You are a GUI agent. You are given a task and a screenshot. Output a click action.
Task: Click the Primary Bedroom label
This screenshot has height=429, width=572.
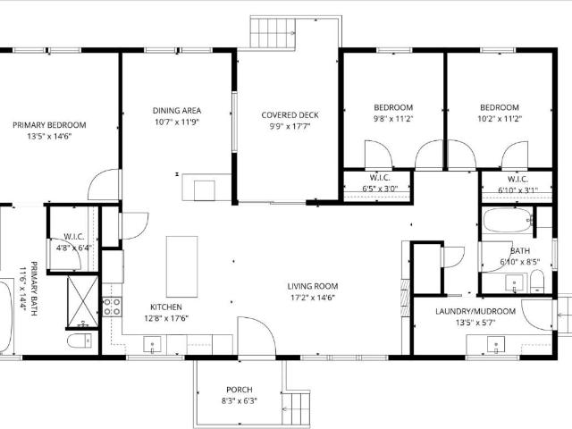49,125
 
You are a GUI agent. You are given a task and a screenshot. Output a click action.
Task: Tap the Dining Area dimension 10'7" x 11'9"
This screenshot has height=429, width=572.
177,122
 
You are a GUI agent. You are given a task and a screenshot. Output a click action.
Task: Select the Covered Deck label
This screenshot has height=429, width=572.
290,115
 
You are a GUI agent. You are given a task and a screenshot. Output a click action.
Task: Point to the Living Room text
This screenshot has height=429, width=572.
313,286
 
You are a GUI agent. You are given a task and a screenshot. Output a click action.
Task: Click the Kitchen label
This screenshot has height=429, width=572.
166,307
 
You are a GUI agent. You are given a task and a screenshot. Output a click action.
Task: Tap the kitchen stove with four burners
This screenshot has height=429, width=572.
112,307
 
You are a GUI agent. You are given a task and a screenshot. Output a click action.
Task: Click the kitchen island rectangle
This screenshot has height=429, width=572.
182,266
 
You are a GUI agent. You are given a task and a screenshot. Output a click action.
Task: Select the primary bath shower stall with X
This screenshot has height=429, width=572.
83,302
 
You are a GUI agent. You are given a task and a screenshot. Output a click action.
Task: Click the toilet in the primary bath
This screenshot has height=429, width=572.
80,341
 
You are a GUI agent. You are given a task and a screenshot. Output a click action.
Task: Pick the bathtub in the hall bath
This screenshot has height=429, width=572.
508,220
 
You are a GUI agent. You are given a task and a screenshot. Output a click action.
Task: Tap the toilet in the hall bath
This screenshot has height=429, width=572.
536,282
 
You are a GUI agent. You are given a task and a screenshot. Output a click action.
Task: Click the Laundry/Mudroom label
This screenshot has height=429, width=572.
475,311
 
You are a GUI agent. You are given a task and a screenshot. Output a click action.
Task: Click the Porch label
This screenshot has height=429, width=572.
240,390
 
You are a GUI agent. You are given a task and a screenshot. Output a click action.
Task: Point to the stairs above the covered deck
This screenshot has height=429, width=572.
273,33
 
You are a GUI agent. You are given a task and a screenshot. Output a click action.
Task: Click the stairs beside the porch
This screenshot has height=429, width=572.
297,408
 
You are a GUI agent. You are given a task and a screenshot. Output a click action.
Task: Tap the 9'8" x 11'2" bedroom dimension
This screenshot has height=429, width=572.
393,119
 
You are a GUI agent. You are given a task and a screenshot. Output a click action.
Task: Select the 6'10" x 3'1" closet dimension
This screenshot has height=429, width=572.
517,190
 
